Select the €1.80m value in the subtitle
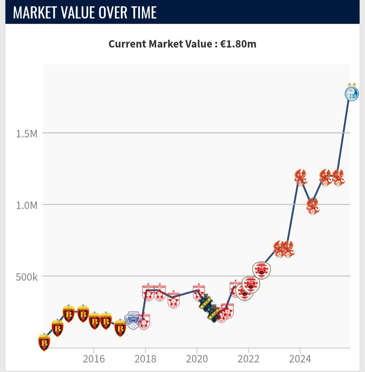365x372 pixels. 238,44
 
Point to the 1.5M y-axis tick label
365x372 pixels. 27,133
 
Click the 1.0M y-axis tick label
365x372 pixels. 27,205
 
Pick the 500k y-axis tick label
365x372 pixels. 27,277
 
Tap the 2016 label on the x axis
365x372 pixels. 94,358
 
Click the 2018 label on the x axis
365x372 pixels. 146,358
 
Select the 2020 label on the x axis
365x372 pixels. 197,358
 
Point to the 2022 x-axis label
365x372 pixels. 248,358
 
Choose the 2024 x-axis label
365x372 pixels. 300,358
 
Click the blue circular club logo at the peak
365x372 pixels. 351,94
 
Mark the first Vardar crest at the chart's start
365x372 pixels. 44,342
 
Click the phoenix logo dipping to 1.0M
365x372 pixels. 313,206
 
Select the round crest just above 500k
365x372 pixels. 261,270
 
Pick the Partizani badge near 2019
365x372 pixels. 174,299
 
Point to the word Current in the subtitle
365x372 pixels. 127,44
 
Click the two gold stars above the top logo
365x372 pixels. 351,84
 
